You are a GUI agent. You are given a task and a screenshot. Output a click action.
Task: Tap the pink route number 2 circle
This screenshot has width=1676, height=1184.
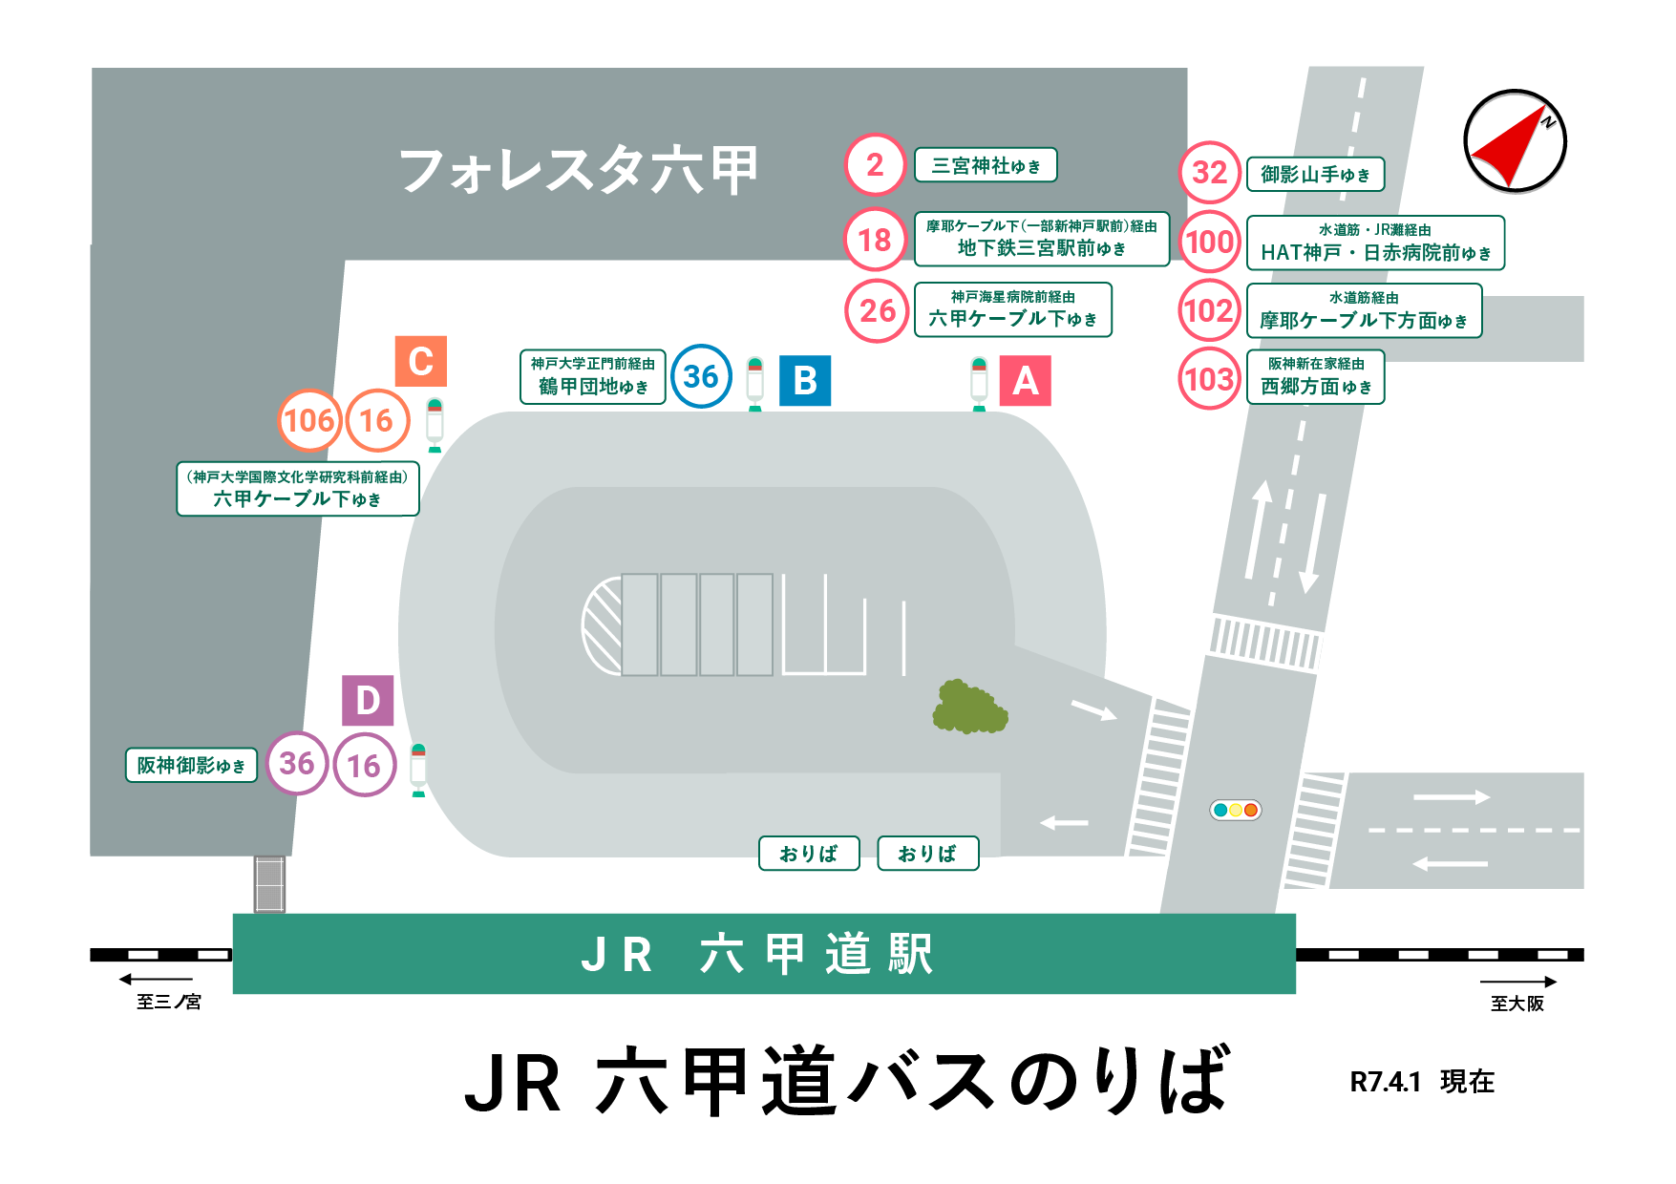(875, 165)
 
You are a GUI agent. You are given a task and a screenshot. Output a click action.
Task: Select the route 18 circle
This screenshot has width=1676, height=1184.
(875, 240)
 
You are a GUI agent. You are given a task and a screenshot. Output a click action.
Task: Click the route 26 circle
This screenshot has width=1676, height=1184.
(877, 310)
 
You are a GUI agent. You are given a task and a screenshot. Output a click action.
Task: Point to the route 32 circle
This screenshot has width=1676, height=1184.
(1209, 173)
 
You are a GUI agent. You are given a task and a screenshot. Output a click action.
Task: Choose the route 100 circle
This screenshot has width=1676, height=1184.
(1209, 242)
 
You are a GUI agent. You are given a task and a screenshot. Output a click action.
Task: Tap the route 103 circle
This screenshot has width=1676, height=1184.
(1209, 379)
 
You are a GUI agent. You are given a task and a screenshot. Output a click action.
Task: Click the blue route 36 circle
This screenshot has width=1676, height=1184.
(701, 376)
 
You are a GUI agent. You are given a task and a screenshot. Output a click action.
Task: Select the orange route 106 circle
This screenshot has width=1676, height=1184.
(309, 420)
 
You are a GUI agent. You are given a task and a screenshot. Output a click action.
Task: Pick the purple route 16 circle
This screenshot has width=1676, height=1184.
(364, 765)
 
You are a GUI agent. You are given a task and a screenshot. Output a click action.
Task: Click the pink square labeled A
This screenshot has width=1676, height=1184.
(1025, 381)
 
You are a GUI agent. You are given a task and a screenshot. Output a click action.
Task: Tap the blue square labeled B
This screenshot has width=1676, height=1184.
(805, 381)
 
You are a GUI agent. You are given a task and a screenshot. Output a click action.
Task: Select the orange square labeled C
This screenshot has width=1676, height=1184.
(421, 361)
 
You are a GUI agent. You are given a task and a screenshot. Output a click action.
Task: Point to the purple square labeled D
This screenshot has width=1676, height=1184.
(368, 701)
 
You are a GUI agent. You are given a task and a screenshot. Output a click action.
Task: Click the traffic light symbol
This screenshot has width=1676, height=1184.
(1236, 810)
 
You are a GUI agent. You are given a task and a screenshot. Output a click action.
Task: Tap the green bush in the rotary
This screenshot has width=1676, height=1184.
(968, 708)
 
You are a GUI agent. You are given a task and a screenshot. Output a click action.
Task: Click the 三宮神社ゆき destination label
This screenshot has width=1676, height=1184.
(986, 165)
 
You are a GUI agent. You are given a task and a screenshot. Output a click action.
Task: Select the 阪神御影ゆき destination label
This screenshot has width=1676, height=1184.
(191, 765)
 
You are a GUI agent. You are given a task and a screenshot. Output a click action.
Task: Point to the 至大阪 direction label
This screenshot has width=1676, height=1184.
(1517, 1003)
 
